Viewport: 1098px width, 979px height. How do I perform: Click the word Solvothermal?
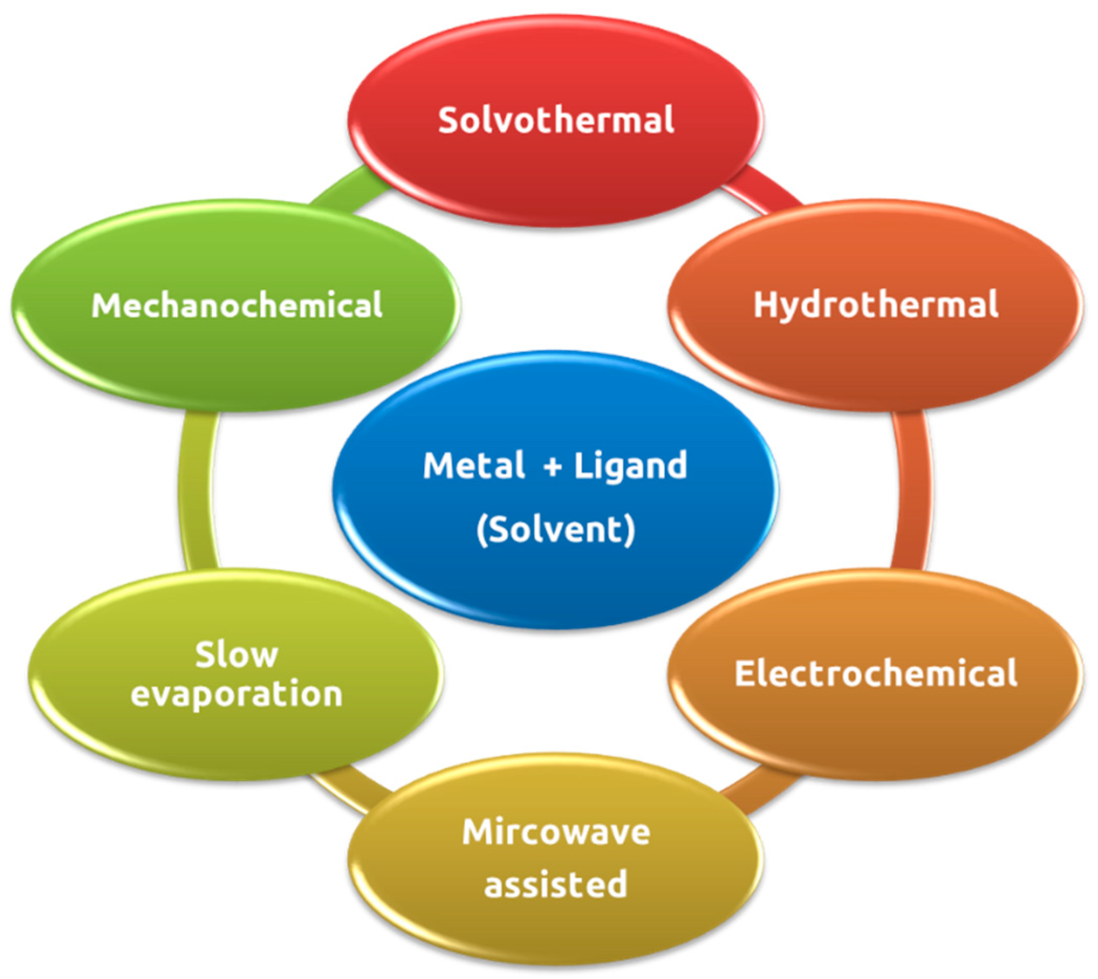(556, 120)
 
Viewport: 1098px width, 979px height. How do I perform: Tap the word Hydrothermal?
(875, 305)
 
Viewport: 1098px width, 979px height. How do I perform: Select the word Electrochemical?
(876, 673)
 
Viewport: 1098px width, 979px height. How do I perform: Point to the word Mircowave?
(556, 832)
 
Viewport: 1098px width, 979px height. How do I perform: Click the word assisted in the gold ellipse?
(556, 884)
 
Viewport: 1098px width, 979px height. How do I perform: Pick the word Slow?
(236, 655)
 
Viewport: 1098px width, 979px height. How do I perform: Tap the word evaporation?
(236, 694)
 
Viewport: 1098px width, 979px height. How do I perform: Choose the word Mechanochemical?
(236, 305)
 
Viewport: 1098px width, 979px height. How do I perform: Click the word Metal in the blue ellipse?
(473, 465)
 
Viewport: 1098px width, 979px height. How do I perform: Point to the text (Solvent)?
(556, 530)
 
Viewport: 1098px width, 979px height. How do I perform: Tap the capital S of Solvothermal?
(447, 120)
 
